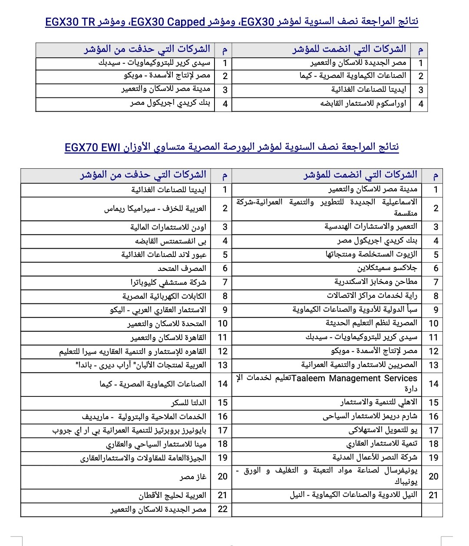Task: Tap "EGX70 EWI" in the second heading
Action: point(92,148)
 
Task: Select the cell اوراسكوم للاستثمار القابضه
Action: point(363,104)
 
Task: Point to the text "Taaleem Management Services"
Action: point(354,378)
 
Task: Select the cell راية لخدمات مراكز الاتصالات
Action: point(372,296)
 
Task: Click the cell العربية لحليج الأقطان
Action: point(172,495)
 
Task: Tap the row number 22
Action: point(222,509)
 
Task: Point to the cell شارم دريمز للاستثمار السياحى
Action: point(370,416)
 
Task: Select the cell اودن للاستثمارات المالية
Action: point(168,227)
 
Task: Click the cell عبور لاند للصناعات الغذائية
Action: point(164,255)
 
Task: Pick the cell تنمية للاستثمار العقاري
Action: point(381,444)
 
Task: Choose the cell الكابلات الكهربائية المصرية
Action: point(164,296)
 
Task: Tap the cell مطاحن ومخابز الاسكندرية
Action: point(376,282)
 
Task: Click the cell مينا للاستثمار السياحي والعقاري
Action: point(156,444)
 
